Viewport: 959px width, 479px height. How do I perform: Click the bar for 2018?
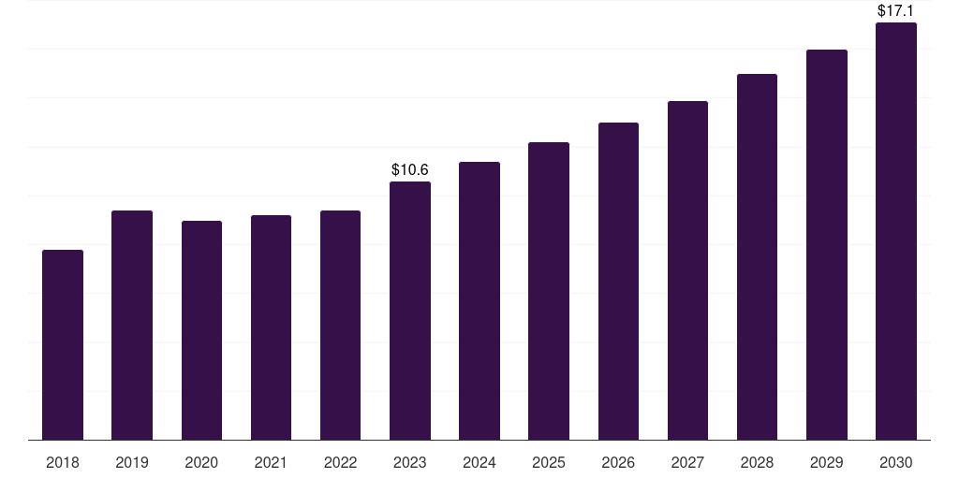pyautogui.click(x=63, y=344)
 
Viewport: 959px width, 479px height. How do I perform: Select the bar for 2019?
pyautogui.click(x=132, y=325)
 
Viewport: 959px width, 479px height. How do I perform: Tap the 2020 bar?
pyautogui.click(x=202, y=330)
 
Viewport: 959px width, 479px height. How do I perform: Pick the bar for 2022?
pyautogui.click(x=340, y=325)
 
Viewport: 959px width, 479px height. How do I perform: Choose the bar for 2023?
pyautogui.click(x=410, y=311)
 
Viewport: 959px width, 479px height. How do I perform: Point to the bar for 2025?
pyautogui.click(x=549, y=291)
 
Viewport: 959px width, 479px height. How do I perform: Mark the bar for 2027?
pyautogui.click(x=687, y=270)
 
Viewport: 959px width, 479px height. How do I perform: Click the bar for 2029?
pyautogui.click(x=826, y=245)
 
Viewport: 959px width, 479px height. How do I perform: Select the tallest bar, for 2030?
pyautogui.click(x=896, y=231)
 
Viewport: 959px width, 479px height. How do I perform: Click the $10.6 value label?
pyautogui.click(x=410, y=170)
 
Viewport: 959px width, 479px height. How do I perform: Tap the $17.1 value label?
pyautogui.click(x=895, y=11)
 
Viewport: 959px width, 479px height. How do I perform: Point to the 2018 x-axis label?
pyautogui.click(x=63, y=462)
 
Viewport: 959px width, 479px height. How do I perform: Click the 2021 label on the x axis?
pyautogui.click(x=271, y=462)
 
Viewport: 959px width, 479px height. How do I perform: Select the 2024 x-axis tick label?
pyautogui.click(x=479, y=462)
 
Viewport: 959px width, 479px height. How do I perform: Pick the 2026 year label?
pyautogui.click(x=618, y=462)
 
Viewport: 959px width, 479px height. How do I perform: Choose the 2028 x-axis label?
pyautogui.click(x=757, y=462)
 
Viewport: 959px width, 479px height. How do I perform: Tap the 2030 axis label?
pyautogui.click(x=895, y=462)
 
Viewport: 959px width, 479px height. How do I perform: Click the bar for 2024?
pyautogui.click(x=479, y=300)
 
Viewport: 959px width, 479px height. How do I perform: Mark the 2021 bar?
pyautogui.click(x=271, y=327)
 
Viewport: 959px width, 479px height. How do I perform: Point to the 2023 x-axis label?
pyautogui.click(x=410, y=462)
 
